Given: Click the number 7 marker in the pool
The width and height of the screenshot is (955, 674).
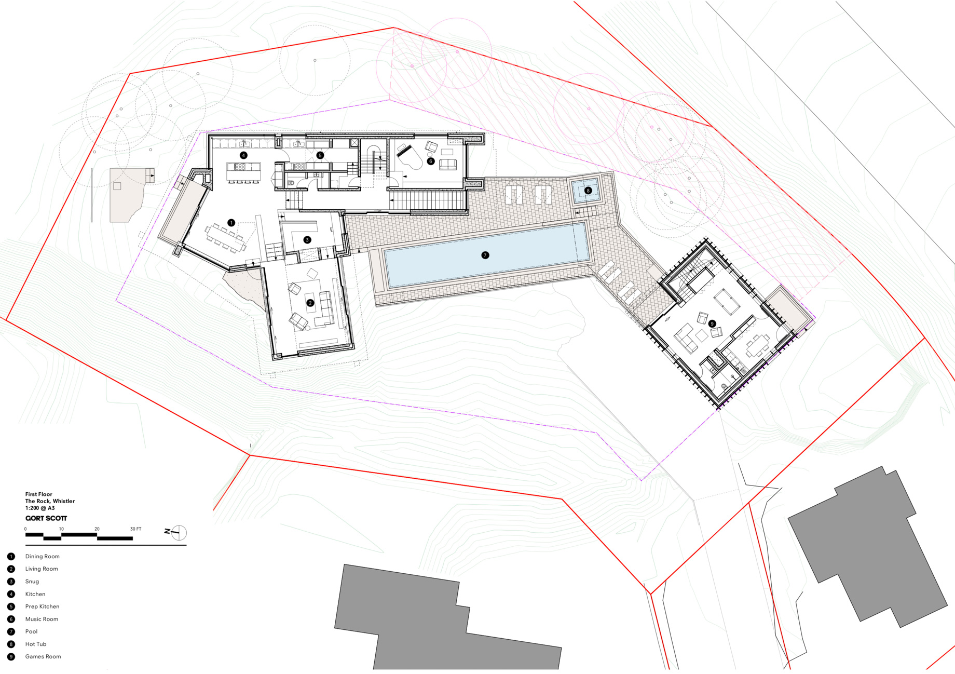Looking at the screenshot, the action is point(485,255).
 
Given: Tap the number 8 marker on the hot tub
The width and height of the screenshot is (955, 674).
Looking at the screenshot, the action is point(588,191).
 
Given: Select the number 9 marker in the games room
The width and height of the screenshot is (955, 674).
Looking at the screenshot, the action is point(712,323).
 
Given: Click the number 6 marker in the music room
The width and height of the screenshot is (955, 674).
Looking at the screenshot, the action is point(430,161).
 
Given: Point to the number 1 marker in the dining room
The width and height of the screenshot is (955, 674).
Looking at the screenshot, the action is point(231,223).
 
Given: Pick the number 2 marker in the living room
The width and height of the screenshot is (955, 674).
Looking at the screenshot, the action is point(310,303).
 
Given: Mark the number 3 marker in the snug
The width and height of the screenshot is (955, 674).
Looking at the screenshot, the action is point(307,240).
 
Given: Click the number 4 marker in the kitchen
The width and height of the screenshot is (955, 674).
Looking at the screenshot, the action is point(243,155).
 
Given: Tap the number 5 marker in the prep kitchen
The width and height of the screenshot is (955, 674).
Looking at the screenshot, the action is point(320,155).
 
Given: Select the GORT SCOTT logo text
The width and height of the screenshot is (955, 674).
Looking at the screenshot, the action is point(46,518).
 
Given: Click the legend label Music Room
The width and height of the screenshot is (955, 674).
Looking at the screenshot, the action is point(42,619).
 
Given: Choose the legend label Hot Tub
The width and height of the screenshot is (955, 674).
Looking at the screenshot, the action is point(36,644).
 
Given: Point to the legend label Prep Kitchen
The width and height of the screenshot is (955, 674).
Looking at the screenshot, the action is point(42,606).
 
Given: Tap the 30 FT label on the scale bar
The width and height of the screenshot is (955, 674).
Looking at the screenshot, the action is point(135,529).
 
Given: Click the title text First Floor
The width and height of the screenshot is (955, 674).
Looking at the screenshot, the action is point(39,494).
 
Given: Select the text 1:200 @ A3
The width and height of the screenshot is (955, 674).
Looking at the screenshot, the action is point(40,508).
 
